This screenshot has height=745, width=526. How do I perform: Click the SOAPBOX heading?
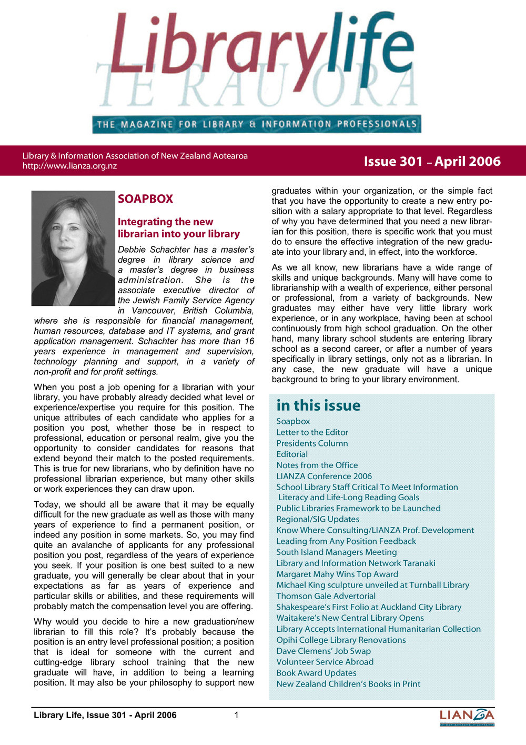pos(145,199)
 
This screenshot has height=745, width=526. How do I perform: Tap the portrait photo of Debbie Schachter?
pos(73,248)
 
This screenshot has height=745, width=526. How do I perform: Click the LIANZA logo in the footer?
pos(467,717)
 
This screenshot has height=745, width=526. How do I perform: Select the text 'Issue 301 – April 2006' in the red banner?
pos(432,161)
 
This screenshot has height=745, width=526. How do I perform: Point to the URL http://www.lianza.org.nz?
pos(69,166)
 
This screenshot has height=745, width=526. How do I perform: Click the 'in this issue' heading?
pos(318,405)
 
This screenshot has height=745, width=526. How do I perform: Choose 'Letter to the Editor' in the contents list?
pos(312,432)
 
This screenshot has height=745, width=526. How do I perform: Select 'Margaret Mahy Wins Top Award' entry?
pos(337,574)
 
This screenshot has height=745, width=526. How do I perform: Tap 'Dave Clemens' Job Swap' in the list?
pos(323,651)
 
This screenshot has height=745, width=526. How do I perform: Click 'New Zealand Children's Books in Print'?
pos(348,684)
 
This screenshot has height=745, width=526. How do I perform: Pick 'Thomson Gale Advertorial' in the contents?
pos(326,596)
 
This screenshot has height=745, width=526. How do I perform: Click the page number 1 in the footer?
pos(237,715)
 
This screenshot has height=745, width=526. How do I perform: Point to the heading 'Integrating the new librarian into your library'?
pos(178,228)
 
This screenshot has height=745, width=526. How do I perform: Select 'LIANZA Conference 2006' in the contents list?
pos(324,476)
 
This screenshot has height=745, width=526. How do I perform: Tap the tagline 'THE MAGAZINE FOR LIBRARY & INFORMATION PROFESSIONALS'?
pos(257,125)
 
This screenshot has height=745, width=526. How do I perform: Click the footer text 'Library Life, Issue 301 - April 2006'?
pos(105,715)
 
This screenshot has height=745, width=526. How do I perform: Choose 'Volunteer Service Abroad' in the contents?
pos(325,662)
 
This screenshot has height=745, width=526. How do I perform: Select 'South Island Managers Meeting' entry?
pos(337,552)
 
